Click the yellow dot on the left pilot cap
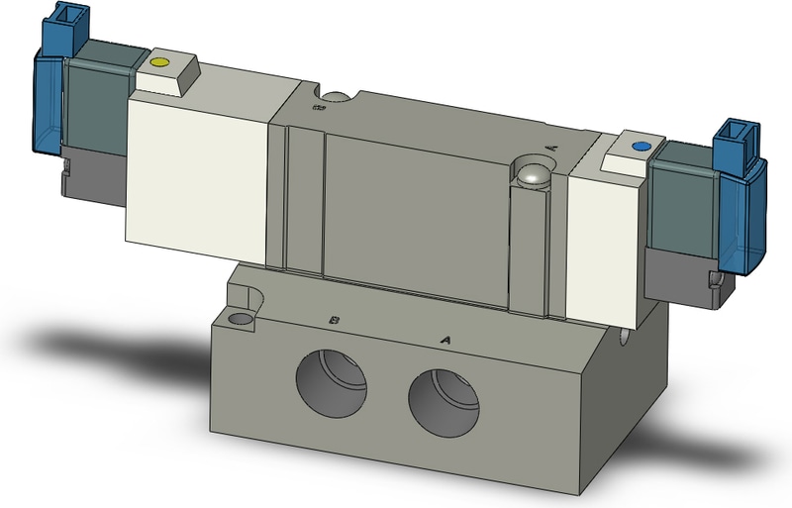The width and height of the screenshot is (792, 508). point(158,65)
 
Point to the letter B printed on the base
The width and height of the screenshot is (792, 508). point(336,321)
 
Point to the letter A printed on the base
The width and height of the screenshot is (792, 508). point(445,340)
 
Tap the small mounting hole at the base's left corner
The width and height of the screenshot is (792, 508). point(239,320)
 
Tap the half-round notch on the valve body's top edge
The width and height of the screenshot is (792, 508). point(336,97)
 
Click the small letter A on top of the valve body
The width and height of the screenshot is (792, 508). point(550,146)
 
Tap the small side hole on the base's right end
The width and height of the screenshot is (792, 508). point(623,344)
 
